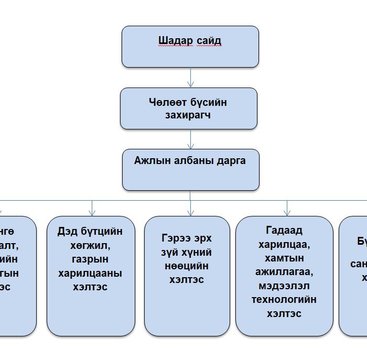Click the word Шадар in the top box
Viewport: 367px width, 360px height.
click(174, 41)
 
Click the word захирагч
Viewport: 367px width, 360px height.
click(188, 115)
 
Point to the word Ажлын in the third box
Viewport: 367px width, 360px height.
click(151, 161)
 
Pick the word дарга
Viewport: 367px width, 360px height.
click(231, 161)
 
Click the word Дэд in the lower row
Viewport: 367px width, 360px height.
click(68, 232)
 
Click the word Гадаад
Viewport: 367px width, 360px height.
click(284, 230)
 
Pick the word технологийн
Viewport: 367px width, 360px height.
click(284, 300)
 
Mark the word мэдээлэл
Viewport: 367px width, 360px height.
click(284, 286)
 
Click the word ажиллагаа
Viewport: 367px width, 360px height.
click(284, 272)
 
